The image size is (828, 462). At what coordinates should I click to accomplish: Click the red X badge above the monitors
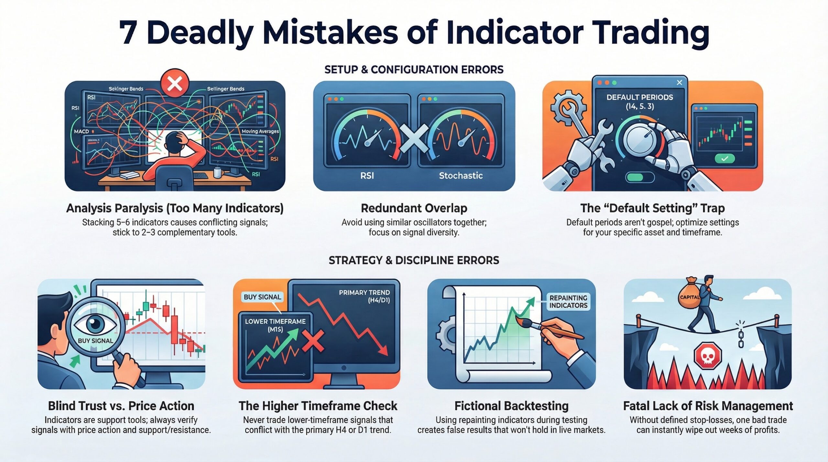click(175, 84)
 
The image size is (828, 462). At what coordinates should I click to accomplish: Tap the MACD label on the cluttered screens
click(81, 132)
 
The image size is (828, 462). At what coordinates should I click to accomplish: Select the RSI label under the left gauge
click(367, 176)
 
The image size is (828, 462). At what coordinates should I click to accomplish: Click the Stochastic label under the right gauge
click(461, 176)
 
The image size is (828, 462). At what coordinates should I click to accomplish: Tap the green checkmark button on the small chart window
click(725, 159)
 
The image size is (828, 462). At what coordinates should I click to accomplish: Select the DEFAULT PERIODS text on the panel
click(640, 97)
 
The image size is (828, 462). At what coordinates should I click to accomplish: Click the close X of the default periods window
click(679, 83)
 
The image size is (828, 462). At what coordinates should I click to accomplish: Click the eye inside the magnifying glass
click(95, 323)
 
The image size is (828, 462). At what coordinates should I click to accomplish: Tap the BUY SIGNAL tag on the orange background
click(262, 297)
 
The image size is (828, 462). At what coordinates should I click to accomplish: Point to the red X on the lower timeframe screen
click(313, 341)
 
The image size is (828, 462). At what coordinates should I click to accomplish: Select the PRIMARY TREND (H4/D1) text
click(364, 296)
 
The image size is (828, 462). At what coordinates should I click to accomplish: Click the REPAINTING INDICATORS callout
click(568, 301)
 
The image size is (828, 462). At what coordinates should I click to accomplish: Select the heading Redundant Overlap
click(414, 208)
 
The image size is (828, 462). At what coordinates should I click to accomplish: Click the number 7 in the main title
click(128, 33)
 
